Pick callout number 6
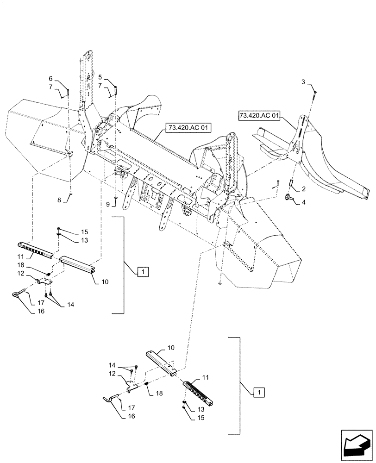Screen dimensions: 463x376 [51, 78]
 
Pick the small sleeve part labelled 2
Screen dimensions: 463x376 [292, 183]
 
